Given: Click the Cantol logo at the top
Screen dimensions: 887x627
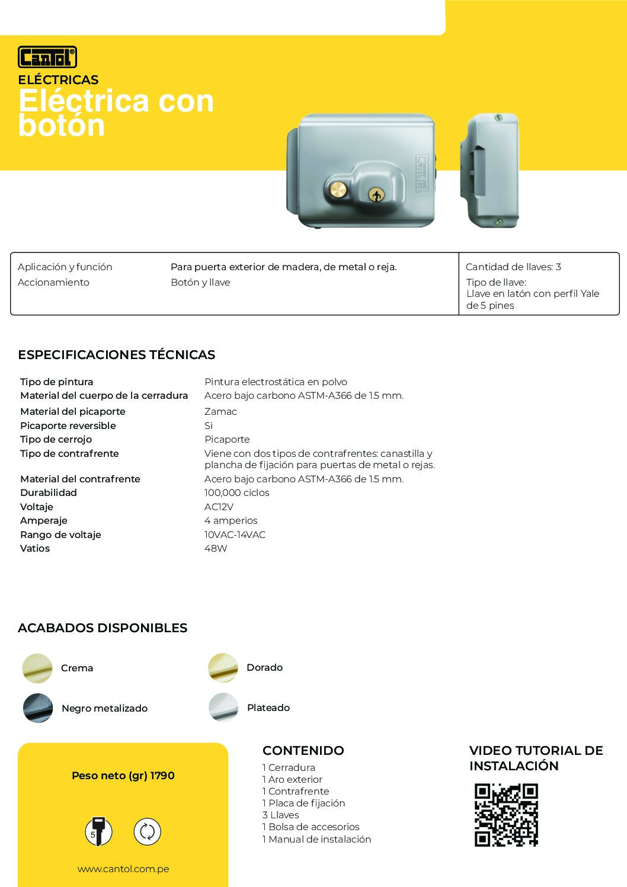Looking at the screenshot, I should coord(47,57).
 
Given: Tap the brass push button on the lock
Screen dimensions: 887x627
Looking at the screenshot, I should coord(338,190).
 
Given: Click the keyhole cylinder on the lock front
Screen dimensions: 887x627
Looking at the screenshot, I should coord(376,195).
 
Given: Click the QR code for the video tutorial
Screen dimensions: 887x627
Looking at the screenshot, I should coord(506,815).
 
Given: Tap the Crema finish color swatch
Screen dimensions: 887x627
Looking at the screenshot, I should coord(37,668).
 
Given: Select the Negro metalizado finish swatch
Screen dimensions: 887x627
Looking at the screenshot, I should coord(38,707).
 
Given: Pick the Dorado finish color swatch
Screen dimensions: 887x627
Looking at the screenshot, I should coord(223,668).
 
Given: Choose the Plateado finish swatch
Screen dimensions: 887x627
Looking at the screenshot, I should coord(223,707).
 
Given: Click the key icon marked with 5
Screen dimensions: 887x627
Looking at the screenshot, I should coord(98,831).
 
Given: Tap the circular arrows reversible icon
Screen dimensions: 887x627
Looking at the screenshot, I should coord(147,831).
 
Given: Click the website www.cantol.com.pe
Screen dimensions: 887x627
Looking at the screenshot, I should coord(123,869).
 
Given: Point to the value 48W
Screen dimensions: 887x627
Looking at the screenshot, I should coord(216,549).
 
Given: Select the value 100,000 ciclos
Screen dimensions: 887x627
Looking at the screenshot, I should coord(236,493).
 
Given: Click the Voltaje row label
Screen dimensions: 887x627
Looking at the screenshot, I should coord(37,507).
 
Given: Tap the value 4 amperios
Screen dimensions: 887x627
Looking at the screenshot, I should coord(231,521).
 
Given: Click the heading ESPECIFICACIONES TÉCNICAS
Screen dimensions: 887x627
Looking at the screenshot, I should coord(116,355).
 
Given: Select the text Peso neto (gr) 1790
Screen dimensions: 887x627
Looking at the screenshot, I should coord(123,776).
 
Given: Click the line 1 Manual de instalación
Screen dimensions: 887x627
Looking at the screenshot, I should coord(316,839).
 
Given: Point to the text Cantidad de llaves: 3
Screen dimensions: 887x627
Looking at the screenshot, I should coord(513,267).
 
